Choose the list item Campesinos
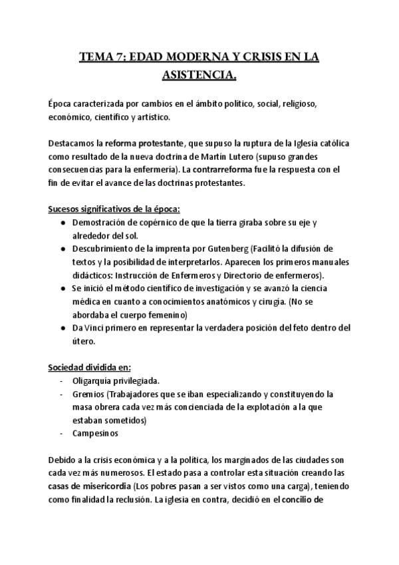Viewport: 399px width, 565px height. click(96, 433)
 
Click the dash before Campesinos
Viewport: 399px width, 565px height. click(61, 433)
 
